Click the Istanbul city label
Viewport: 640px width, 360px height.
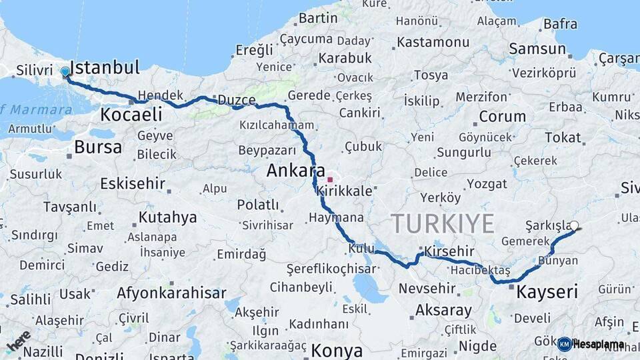[x=105, y=67]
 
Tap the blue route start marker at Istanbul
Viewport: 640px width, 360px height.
[x=65, y=71]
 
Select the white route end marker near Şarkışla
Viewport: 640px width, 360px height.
[x=575, y=225]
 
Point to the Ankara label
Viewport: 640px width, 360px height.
[x=295, y=171]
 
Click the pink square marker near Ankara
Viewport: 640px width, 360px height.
[x=330, y=180]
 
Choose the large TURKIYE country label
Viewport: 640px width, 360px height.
[x=442, y=223]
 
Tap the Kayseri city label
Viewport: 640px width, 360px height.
[x=547, y=291]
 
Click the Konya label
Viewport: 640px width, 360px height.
[x=337, y=351]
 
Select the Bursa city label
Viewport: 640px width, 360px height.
[x=98, y=147]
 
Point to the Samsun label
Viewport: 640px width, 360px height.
[x=537, y=49]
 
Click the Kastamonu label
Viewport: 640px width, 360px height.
[x=433, y=42]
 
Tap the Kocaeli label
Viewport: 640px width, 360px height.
[x=131, y=115]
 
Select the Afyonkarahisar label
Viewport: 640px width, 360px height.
[x=171, y=293]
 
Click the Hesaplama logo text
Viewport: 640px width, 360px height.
[x=599, y=344]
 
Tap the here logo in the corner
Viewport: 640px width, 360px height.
[x=18, y=341]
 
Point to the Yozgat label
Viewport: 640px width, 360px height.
[x=487, y=183]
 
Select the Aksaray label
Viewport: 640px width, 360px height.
[x=443, y=310]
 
